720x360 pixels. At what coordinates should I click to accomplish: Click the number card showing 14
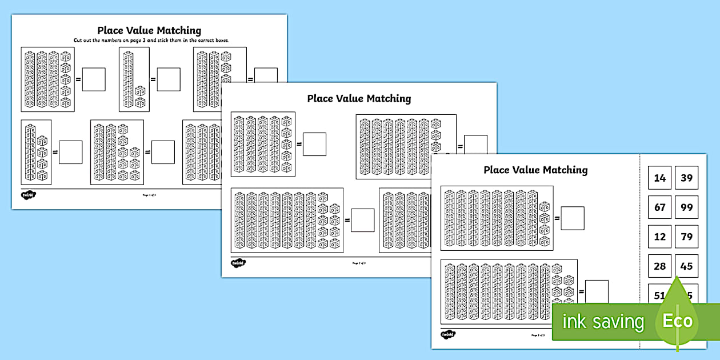pyautogui.click(x=660, y=178)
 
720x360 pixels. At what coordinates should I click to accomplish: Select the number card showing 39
pyautogui.click(x=686, y=178)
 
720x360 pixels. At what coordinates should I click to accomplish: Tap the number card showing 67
pyautogui.click(x=660, y=207)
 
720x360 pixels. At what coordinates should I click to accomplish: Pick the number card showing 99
pyautogui.click(x=686, y=207)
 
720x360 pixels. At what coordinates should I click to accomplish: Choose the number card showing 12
pyautogui.click(x=660, y=237)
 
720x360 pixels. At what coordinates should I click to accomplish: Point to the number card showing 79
pyautogui.click(x=686, y=237)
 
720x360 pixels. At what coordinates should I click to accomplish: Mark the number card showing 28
pyautogui.click(x=660, y=266)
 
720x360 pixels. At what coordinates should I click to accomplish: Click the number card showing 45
pyautogui.click(x=686, y=266)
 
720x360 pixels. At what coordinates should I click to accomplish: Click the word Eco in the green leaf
pyautogui.click(x=678, y=320)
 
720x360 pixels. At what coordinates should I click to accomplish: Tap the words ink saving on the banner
pyautogui.click(x=603, y=322)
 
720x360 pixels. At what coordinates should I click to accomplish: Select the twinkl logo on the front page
pyautogui.click(x=448, y=334)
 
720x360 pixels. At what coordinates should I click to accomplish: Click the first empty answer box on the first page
pyautogui.click(x=94, y=79)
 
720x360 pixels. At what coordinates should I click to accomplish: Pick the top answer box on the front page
pyautogui.click(x=573, y=218)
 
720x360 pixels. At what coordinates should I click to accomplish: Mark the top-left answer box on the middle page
pyautogui.click(x=314, y=144)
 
